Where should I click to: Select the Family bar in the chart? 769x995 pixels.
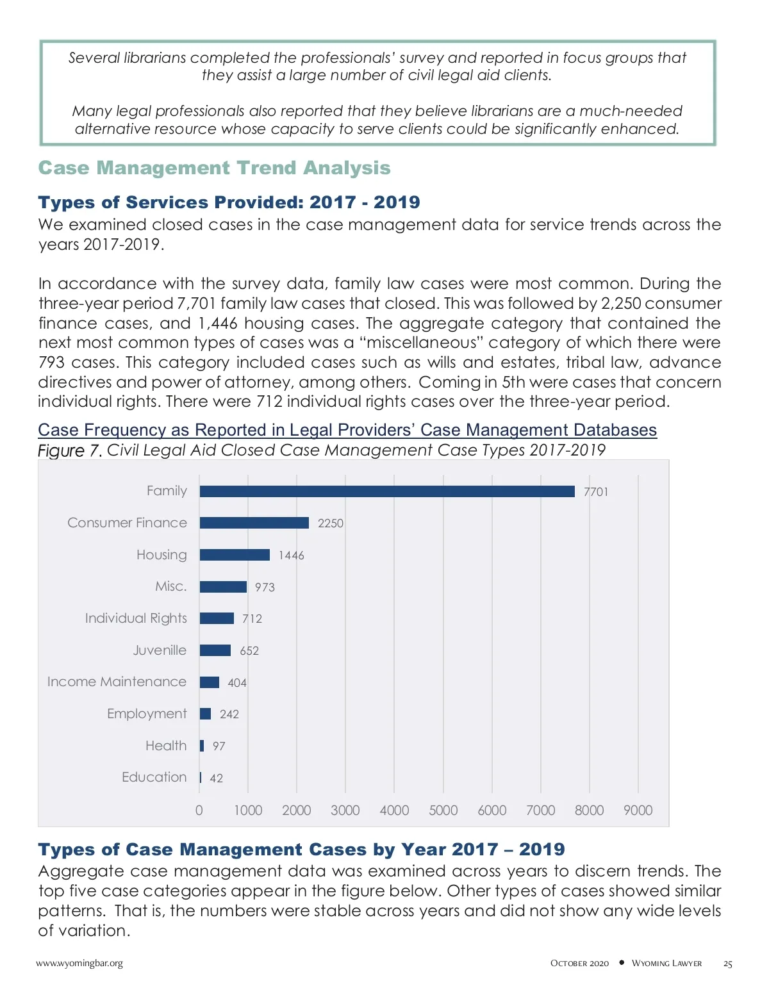click(x=387, y=491)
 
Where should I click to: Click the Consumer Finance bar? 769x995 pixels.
click(x=254, y=523)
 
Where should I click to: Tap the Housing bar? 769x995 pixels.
click(x=235, y=555)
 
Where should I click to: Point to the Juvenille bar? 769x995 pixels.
click(x=215, y=650)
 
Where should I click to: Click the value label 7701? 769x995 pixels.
click(x=596, y=492)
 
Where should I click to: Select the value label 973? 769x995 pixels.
click(x=265, y=588)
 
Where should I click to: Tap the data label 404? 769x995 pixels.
click(x=237, y=683)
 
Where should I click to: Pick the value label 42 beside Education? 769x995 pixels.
click(x=217, y=778)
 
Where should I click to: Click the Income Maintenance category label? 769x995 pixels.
click(x=117, y=682)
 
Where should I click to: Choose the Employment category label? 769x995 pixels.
click(x=147, y=714)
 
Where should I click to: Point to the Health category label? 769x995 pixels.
click(x=166, y=746)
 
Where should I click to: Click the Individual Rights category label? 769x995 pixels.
click(x=136, y=618)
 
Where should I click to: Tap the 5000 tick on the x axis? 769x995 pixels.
click(x=443, y=810)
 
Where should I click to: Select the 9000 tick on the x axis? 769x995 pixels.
click(x=638, y=810)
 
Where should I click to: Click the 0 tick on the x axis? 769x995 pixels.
click(x=199, y=810)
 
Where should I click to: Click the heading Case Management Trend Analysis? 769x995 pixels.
click(x=214, y=168)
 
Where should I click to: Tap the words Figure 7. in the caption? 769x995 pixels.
click(x=70, y=450)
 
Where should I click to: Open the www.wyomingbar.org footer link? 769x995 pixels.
click(x=79, y=963)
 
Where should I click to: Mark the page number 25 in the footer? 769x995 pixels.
click(x=727, y=964)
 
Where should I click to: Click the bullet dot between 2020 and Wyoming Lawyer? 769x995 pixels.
click(x=622, y=962)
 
